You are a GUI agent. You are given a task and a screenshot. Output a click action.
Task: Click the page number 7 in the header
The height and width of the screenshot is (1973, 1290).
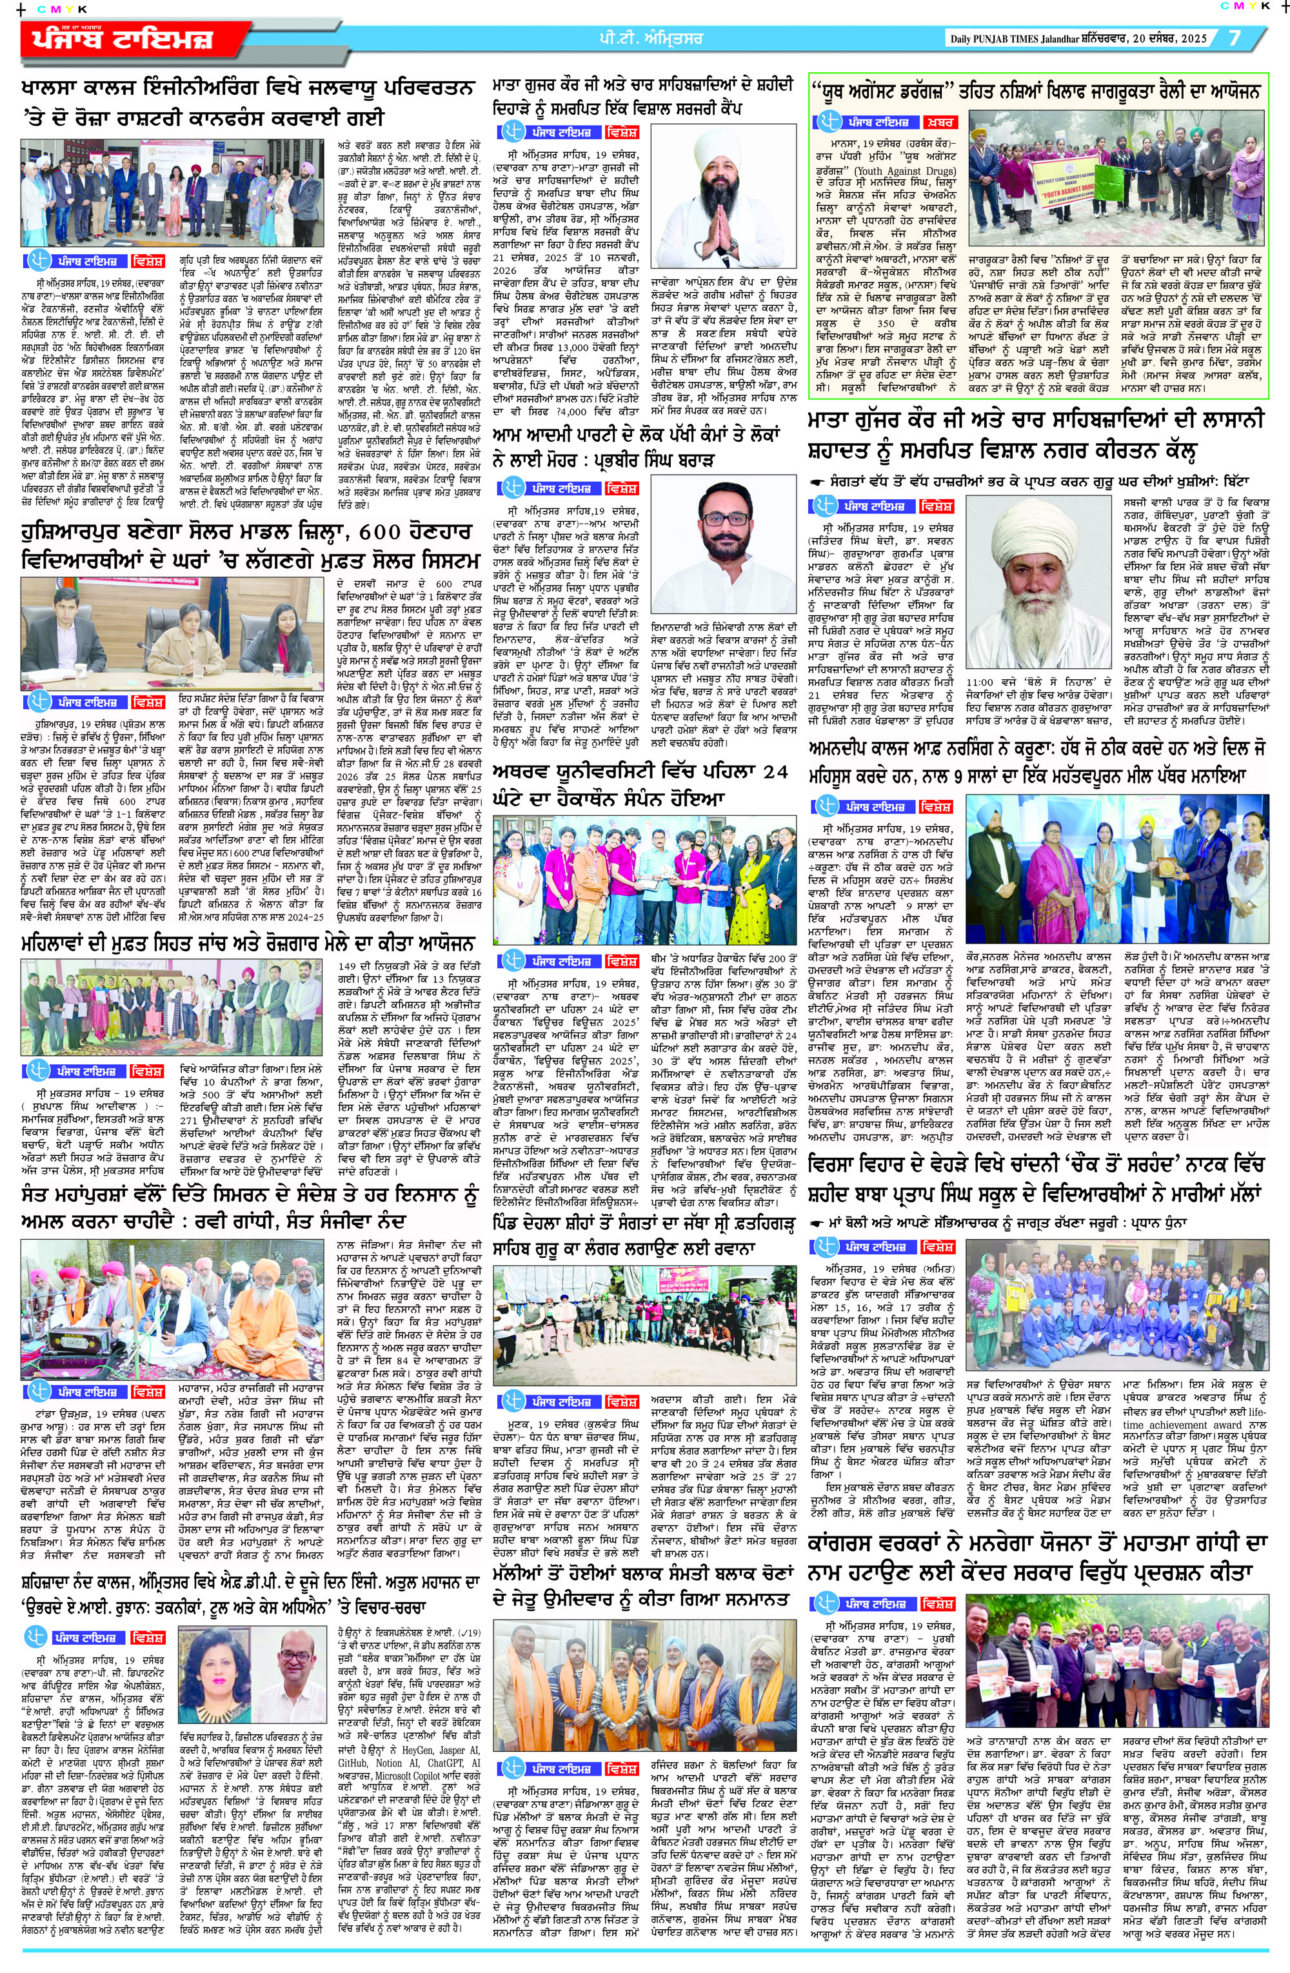point(1235,38)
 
